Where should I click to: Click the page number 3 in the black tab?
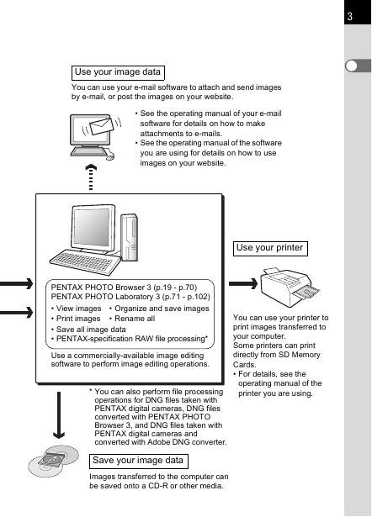[350, 16]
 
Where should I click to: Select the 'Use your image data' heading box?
[118, 72]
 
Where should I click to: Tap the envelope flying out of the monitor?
[102, 126]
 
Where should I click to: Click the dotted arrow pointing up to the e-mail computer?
[91, 177]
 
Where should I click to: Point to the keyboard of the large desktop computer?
[85, 261]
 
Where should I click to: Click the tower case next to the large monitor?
[129, 237]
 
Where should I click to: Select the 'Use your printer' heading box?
[270, 248]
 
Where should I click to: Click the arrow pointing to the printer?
[243, 283]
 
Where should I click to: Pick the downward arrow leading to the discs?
[59, 415]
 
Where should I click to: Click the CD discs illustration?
[54, 461]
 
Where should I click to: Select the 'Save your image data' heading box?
[139, 461]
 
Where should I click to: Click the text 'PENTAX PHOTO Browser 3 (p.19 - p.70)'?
[124, 288]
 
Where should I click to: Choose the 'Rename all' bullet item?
[132, 319]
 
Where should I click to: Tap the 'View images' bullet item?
[77, 309]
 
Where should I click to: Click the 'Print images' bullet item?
[76, 319]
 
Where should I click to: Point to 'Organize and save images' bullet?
[159, 309]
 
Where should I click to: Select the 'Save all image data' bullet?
[88, 330]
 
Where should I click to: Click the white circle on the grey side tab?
[352, 66]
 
